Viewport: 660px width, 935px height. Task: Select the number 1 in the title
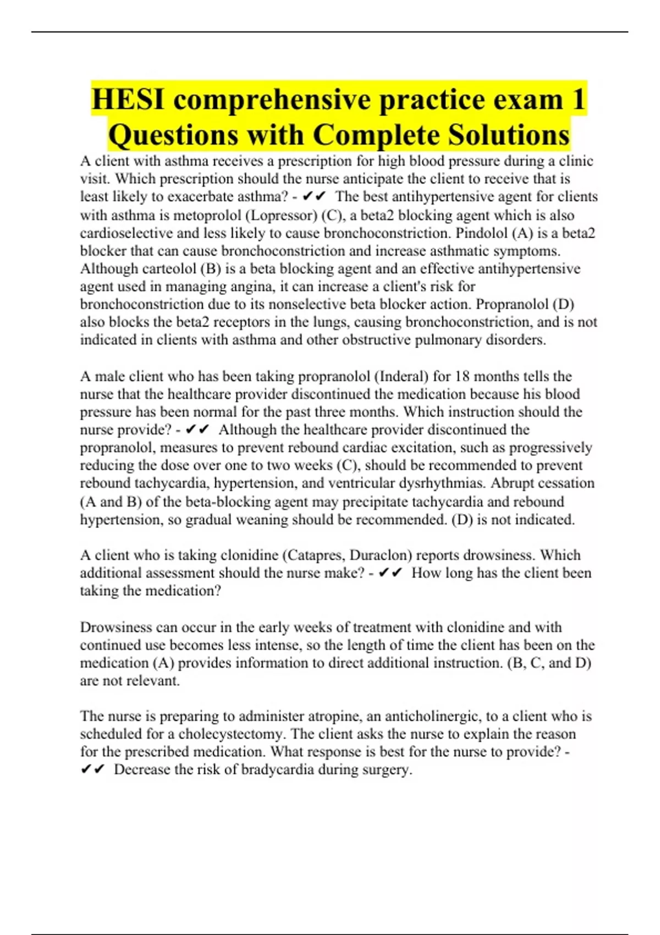pyautogui.click(x=578, y=99)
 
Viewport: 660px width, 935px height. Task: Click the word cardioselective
pyautogui.click(x=127, y=233)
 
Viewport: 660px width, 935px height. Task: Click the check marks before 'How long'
pyautogui.click(x=391, y=573)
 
